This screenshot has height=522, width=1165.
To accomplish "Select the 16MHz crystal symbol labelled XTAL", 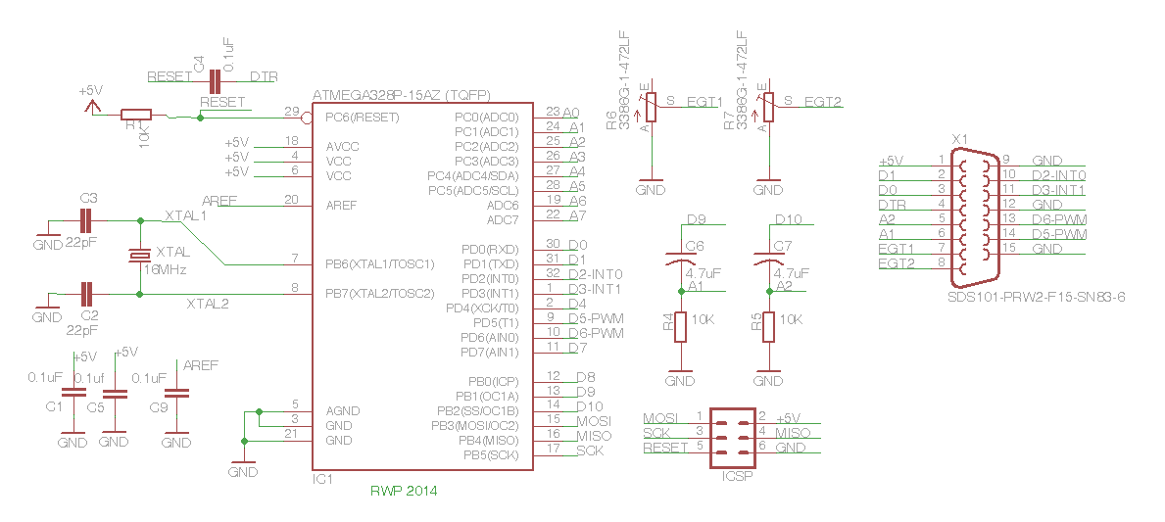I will tap(140, 256).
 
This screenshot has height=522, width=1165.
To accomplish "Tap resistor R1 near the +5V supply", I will tap(135, 115).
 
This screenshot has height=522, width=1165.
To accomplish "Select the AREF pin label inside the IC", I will tap(341, 206).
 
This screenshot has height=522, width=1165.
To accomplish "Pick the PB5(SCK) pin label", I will tap(490, 455).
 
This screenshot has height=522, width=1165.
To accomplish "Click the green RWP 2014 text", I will tap(404, 491).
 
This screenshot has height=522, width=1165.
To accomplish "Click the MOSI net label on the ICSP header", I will tap(660, 418).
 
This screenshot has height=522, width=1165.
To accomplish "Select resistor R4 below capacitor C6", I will tap(681, 327).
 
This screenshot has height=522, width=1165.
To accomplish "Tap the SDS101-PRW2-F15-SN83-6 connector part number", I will tap(1036, 296).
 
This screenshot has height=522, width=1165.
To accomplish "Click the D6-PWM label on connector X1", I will tap(1059, 219).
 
